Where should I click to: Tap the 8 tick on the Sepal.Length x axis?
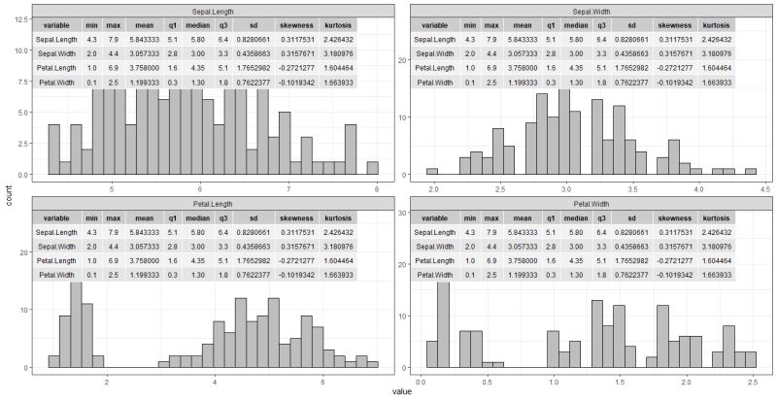376,190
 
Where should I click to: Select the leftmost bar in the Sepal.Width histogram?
432,172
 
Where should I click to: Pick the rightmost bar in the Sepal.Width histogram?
750,172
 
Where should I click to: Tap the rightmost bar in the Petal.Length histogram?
372,364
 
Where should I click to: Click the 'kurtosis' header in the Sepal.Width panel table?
717,23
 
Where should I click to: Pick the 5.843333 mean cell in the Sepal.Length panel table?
143,40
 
